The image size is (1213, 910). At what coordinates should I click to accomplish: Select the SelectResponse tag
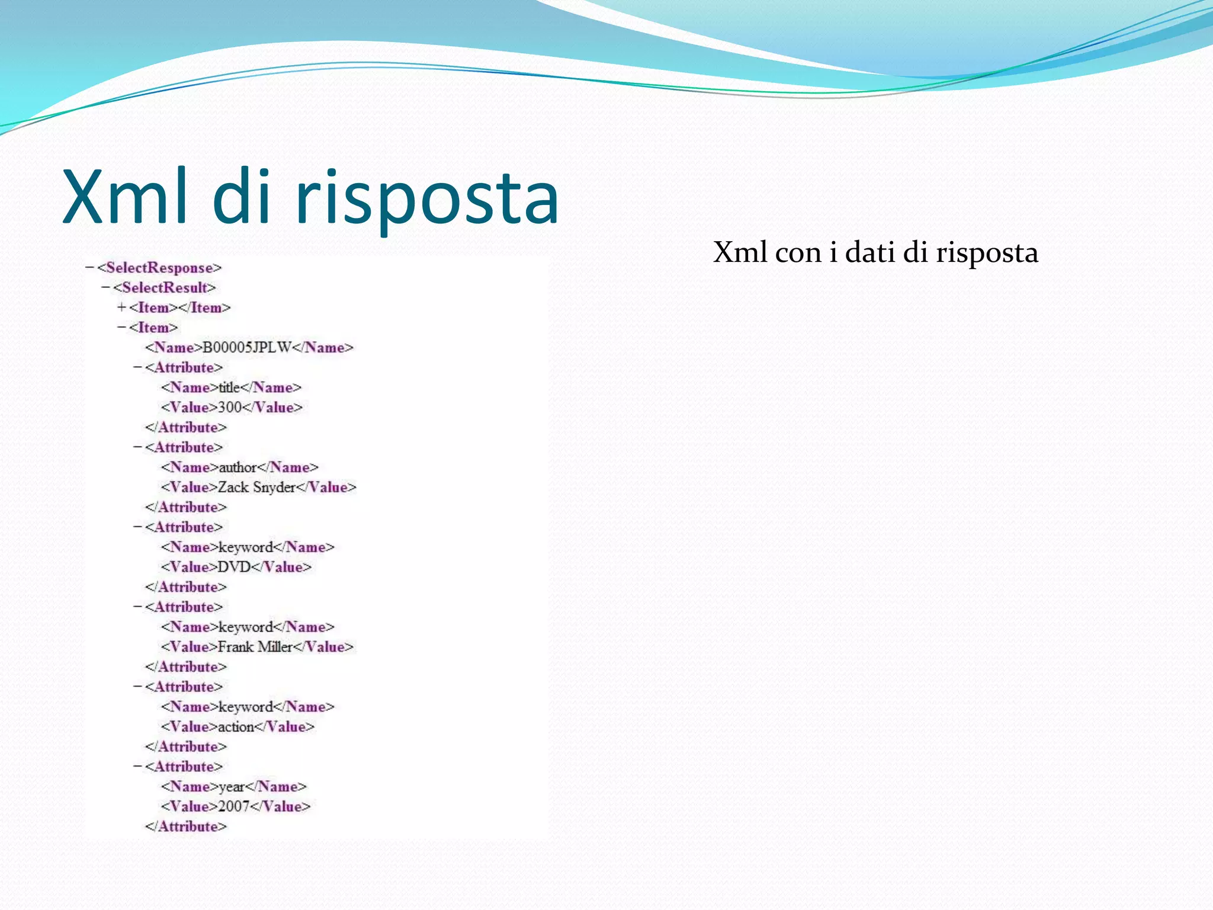pos(159,268)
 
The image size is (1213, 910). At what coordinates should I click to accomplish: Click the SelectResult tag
pos(164,288)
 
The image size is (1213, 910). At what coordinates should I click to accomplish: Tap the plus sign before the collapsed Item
pos(121,307)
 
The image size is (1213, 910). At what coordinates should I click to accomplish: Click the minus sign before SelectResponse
pos(89,268)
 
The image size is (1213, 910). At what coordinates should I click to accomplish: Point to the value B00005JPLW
pos(247,347)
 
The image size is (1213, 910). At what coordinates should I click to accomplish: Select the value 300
pos(230,408)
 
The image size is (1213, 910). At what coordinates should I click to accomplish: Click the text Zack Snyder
pos(256,487)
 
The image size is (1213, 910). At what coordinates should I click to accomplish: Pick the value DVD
pos(234,567)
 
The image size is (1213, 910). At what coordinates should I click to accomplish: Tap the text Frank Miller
pos(255,647)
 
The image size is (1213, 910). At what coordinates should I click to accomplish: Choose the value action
pos(236,727)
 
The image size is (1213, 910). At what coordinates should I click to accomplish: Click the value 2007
pos(234,806)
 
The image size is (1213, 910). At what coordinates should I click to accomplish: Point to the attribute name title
pos(229,387)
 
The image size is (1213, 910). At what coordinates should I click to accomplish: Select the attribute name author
pos(238,467)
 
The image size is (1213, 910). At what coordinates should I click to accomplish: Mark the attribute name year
pos(232,787)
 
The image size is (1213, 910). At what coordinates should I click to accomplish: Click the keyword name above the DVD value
pos(246,547)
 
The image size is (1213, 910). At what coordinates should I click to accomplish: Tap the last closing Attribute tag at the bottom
pos(186,826)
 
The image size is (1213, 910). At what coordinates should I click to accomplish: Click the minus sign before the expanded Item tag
pos(121,328)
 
